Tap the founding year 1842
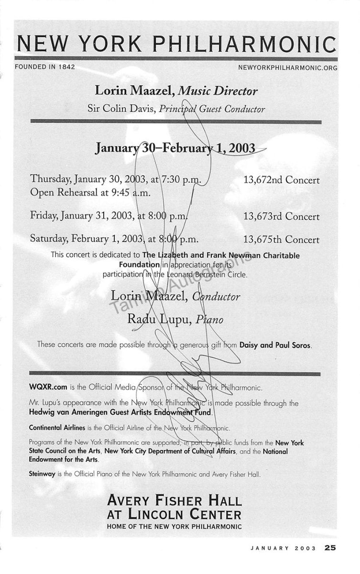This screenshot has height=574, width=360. click(65, 67)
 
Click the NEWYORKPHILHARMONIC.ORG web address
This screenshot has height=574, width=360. click(287, 68)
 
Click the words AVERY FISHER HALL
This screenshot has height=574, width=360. click(175, 501)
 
